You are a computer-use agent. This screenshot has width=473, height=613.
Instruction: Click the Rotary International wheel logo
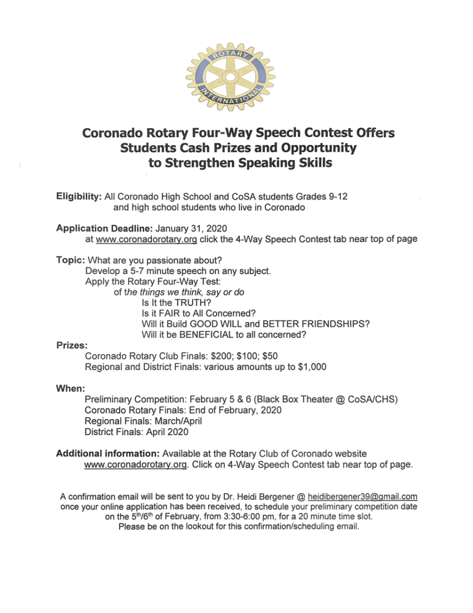tap(230, 76)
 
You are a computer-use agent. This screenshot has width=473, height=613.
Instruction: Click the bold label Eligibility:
tap(78, 196)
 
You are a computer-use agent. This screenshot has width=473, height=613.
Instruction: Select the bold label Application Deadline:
tap(105, 228)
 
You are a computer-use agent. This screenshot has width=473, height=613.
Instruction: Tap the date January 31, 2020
tap(191, 228)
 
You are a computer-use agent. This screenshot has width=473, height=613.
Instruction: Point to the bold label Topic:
tap(71, 260)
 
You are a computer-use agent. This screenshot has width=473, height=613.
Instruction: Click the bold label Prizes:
tap(71, 345)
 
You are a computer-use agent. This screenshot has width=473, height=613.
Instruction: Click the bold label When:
tap(70, 389)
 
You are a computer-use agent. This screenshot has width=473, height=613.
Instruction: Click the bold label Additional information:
tap(108, 453)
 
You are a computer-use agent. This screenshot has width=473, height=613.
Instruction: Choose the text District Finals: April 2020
tap(136, 432)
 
